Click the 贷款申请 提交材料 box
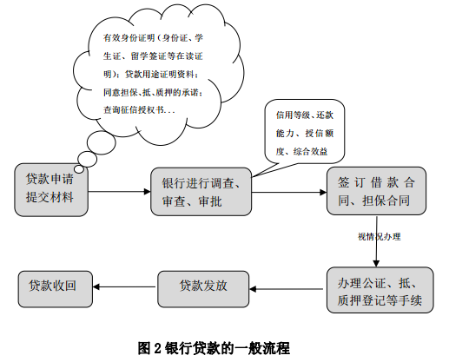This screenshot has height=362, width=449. click(x=51, y=190)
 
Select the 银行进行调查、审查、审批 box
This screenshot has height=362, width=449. click(x=201, y=192)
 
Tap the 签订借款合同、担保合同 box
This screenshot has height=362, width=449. click(x=376, y=191)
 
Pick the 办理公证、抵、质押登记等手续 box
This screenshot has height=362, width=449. click(x=380, y=290)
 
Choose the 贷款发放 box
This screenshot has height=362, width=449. click(x=203, y=289)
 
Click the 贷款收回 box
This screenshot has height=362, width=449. click(x=56, y=289)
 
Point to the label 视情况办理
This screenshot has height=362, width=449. click(x=380, y=237)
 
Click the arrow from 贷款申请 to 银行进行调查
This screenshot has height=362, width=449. click(x=119, y=191)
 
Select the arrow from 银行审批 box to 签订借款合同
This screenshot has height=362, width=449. click(x=289, y=192)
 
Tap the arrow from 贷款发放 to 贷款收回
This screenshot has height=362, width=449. click(x=124, y=286)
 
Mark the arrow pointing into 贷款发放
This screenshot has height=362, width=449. click(x=286, y=289)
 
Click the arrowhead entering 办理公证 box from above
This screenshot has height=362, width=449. click(x=376, y=263)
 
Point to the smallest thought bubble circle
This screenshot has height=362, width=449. click(x=79, y=169)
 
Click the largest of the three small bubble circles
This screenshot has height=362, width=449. click(x=101, y=142)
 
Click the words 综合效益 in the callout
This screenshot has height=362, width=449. click(x=310, y=152)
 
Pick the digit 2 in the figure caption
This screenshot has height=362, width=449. click(x=157, y=348)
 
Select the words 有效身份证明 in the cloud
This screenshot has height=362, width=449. click(x=129, y=38)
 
